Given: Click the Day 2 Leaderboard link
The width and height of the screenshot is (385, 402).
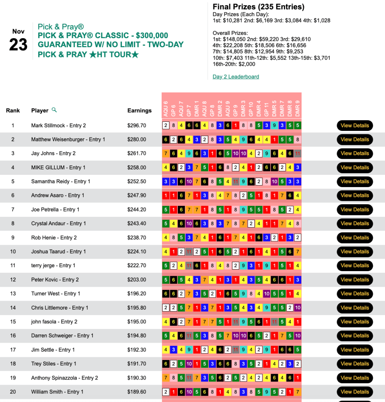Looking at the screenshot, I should pyautogui.click(x=236, y=77).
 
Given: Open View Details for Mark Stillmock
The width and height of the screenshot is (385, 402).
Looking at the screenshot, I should pyautogui.click(x=355, y=125).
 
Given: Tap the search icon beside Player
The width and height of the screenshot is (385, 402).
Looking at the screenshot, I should pyautogui.click(x=54, y=110).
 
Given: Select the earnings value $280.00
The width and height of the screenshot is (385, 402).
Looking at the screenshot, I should pyautogui.click(x=137, y=140).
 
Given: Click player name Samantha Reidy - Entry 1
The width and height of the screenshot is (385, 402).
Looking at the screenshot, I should pyautogui.click(x=61, y=182).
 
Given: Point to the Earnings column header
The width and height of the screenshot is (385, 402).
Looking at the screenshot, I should pyautogui.click(x=139, y=110).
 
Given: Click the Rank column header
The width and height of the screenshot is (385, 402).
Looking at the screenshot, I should pyautogui.click(x=13, y=110).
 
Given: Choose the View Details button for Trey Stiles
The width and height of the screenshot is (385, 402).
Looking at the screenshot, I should pyautogui.click(x=355, y=364).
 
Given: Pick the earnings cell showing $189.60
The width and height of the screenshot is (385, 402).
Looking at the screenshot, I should pyautogui.click(x=137, y=392).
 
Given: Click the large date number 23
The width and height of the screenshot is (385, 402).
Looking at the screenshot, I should pyautogui.click(x=18, y=45).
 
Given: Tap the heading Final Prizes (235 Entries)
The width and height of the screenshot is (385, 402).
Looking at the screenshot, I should pyautogui.click(x=258, y=7).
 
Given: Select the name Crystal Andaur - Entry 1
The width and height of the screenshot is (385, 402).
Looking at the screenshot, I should pyautogui.click(x=59, y=224).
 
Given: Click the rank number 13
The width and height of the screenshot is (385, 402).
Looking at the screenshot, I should pyautogui.click(x=13, y=294).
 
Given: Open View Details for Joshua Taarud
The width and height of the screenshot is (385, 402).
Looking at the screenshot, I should pyautogui.click(x=355, y=251).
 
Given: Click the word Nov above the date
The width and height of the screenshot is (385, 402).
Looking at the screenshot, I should pyautogui.click(x=18, y=31).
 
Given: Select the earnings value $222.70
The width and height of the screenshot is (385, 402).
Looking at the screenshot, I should pyautogui.click(x=137, y=266).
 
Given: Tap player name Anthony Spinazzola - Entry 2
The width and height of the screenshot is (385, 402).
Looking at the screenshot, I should pyautogui.click(x=64, y=378).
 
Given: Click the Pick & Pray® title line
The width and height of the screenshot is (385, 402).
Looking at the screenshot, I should pyautogui.click(x=61, y=27).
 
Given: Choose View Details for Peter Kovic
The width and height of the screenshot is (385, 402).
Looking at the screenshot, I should pyautogui.click(x=355, y=280).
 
